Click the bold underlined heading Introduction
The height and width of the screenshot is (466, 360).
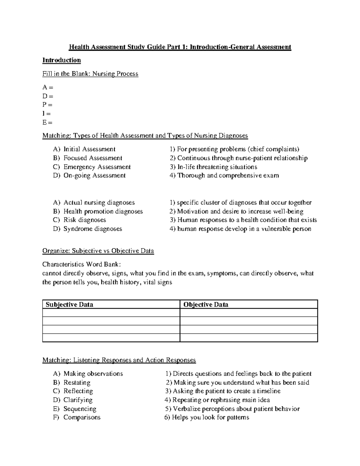(61, 60)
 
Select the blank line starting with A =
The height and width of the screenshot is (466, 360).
(48, 87)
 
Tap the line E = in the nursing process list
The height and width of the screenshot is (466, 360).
(47, 122)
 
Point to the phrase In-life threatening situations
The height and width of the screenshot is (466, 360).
(213, 167)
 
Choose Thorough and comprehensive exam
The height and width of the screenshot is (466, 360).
(224, 176)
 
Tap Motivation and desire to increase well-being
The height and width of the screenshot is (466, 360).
(236, 212)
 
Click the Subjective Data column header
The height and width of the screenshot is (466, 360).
(69, 305)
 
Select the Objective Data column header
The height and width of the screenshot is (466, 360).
(206, 305)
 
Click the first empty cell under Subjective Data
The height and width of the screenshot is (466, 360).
(111, 313)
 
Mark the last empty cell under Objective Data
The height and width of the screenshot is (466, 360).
(248, 338)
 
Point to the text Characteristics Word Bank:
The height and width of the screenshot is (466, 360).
(82, 264)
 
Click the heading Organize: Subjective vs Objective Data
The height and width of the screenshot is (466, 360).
(98, 251)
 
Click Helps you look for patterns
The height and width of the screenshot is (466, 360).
(207, 418)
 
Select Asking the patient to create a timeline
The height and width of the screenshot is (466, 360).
(223, 391)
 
